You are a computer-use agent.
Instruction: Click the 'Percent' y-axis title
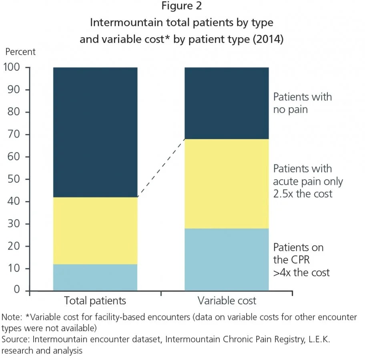(x=20, y=52)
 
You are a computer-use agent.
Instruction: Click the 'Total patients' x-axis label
(x=95, y=301)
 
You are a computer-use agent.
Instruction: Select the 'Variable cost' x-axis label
(x=227, y=301)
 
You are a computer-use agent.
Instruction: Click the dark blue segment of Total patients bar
(x=95, y=132)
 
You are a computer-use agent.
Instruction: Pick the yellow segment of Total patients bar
(x=95, y=230)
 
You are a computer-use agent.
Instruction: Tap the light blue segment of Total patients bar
(x=95, y=277)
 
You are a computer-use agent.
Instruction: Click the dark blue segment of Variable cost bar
(x=227, y=103)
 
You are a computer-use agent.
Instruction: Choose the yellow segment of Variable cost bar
(x=227, y=184)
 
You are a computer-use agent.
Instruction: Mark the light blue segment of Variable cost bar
(x=227, y=259)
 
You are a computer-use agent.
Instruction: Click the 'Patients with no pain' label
(x=302, y=103)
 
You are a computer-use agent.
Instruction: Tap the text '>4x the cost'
(x=301, y=273)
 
